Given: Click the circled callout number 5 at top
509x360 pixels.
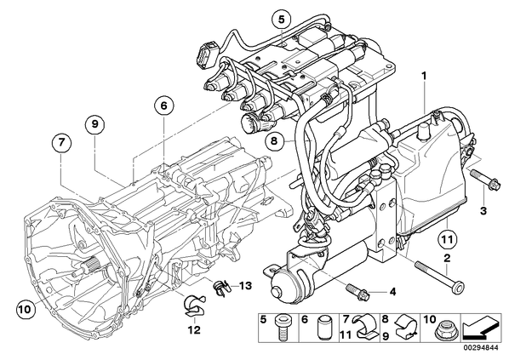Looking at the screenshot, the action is pyautogui.click(x=281, y=20).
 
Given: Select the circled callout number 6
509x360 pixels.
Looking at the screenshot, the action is pyautogui.click(x=163, y=106).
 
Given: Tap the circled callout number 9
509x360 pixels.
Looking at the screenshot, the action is pyautogui.click(x=94, y=123).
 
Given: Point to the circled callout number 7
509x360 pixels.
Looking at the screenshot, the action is pyautogui.click(x=61, y=142).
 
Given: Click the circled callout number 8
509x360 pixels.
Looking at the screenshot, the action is pyautogui.click(x=274, y=140).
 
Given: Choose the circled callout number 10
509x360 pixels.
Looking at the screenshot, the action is pyautogui.click(x=25, y=309).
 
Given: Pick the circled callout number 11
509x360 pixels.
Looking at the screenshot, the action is pyautogui.click(x=447, y=239).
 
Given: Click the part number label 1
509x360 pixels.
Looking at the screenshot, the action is pyautogui.click(x=424, y=76).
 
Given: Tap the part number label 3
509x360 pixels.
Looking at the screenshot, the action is pyautogui.click(x=483, y=211).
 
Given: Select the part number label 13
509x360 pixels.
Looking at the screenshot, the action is pyautogui.click(x=245, y=286).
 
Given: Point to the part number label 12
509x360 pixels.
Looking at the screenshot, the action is pyautogui.click(x=195, y=330).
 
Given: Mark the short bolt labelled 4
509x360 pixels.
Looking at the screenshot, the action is pyautogui.click(x=358, y=292).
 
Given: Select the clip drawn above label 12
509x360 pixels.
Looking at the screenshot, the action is pyautogui.click(x=194, y=306).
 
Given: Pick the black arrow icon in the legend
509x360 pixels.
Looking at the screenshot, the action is pyautogui.click(x=482, y=329).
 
